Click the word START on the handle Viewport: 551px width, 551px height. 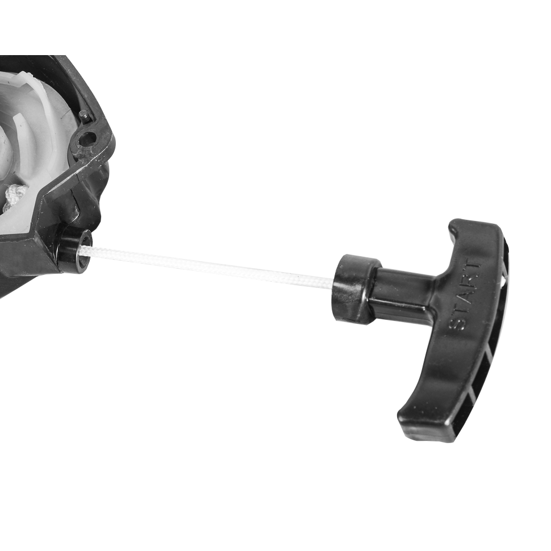tap(464, 294)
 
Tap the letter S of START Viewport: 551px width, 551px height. tap(456, 324)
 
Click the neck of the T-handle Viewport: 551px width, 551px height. tap(404, 288)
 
